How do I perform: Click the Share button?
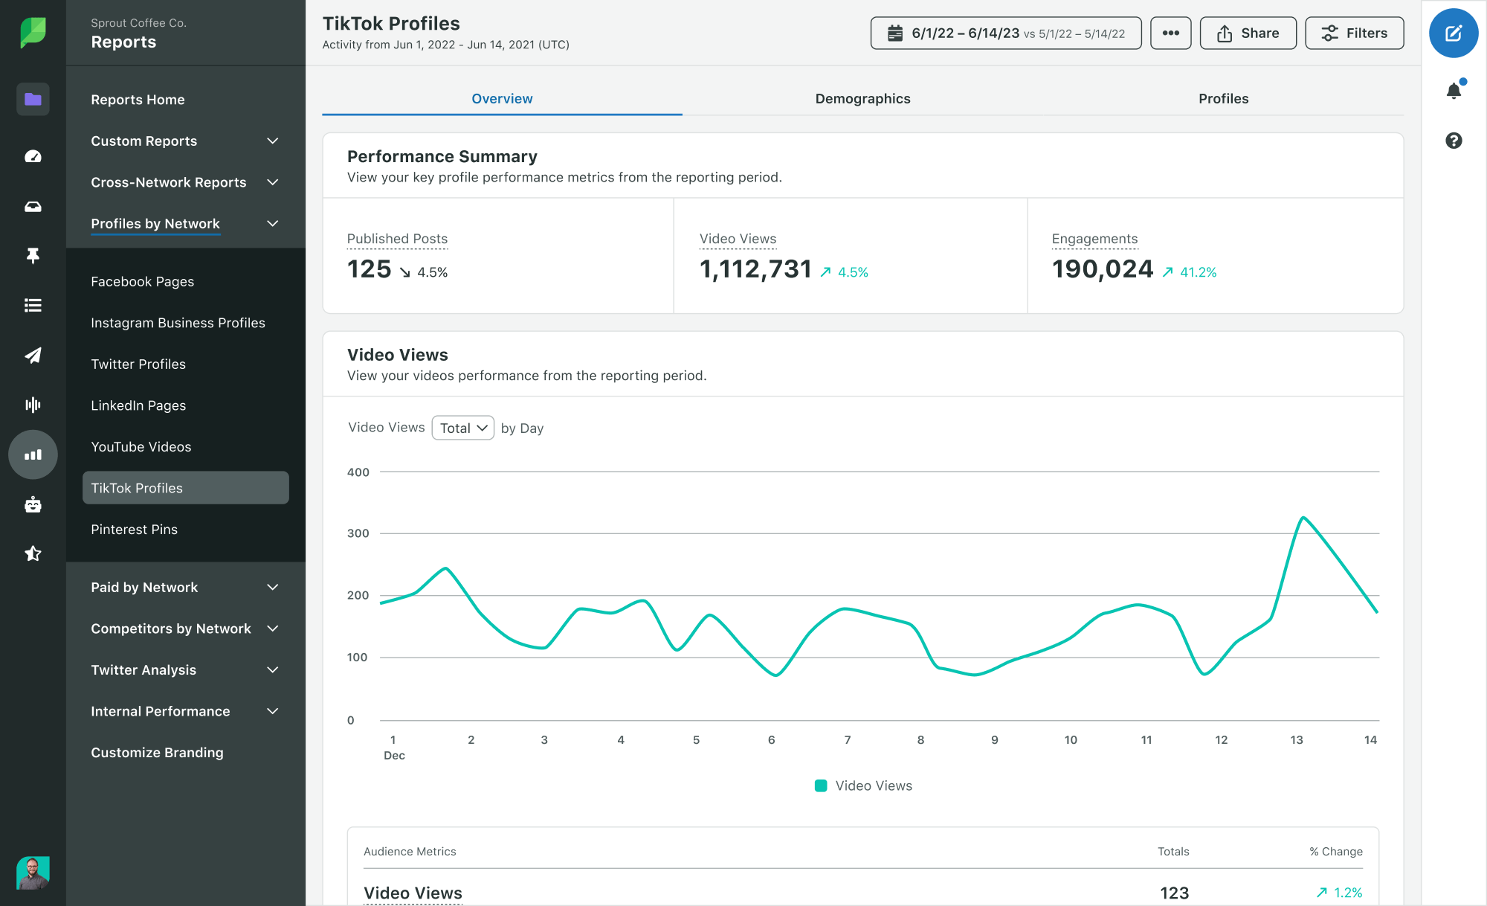point(1248,33)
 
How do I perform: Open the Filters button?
point(1354,33)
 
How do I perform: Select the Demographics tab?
point(862,98)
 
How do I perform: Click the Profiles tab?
point(1223,98)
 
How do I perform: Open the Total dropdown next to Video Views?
point(462,428)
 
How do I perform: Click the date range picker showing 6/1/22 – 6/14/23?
point(1005,33)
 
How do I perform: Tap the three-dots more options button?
point(1170,33)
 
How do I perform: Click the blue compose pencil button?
point(1453,33)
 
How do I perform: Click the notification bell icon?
point(1454,91)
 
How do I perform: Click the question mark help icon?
point(1454,141)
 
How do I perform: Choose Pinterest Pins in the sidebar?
point(134,530)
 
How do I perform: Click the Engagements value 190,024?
point(1102,269)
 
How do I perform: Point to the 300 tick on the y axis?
point(358,533)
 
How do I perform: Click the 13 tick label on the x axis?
point(1296,739)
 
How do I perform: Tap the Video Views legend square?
point(821,785)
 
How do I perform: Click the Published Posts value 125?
point(369,269)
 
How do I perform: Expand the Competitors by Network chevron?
point(273,629)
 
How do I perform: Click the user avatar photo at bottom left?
point(33,872)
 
